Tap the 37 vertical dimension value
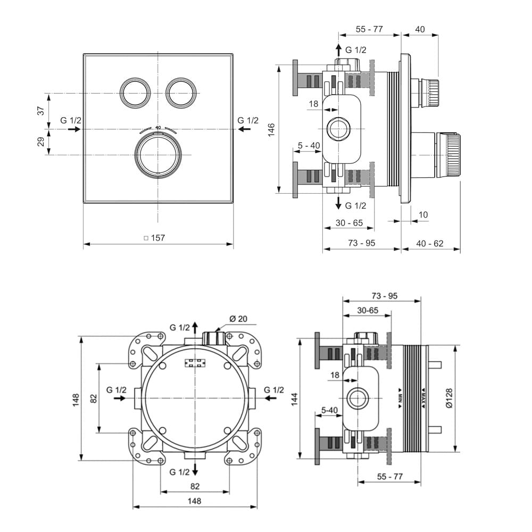tap(41, 111)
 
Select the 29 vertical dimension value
tap(41, 142)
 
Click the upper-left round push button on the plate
tap(135, 93)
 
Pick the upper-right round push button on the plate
tap(181, 93)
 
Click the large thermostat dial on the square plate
tap(158, 155)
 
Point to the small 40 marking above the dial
tap(158, 128)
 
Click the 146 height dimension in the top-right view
tap(271, 130)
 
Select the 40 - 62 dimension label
tap(429, 243)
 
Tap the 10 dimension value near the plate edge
tap(423, 215)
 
